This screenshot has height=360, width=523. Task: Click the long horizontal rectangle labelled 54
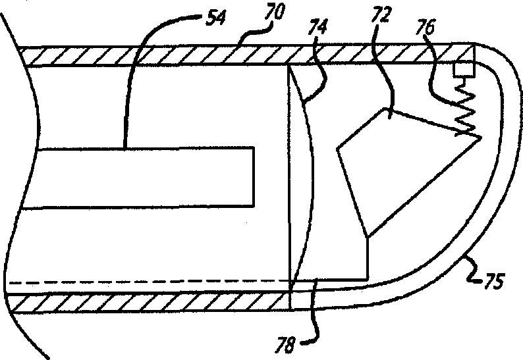[138, 178]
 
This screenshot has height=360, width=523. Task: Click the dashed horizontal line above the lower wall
[132, 285]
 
